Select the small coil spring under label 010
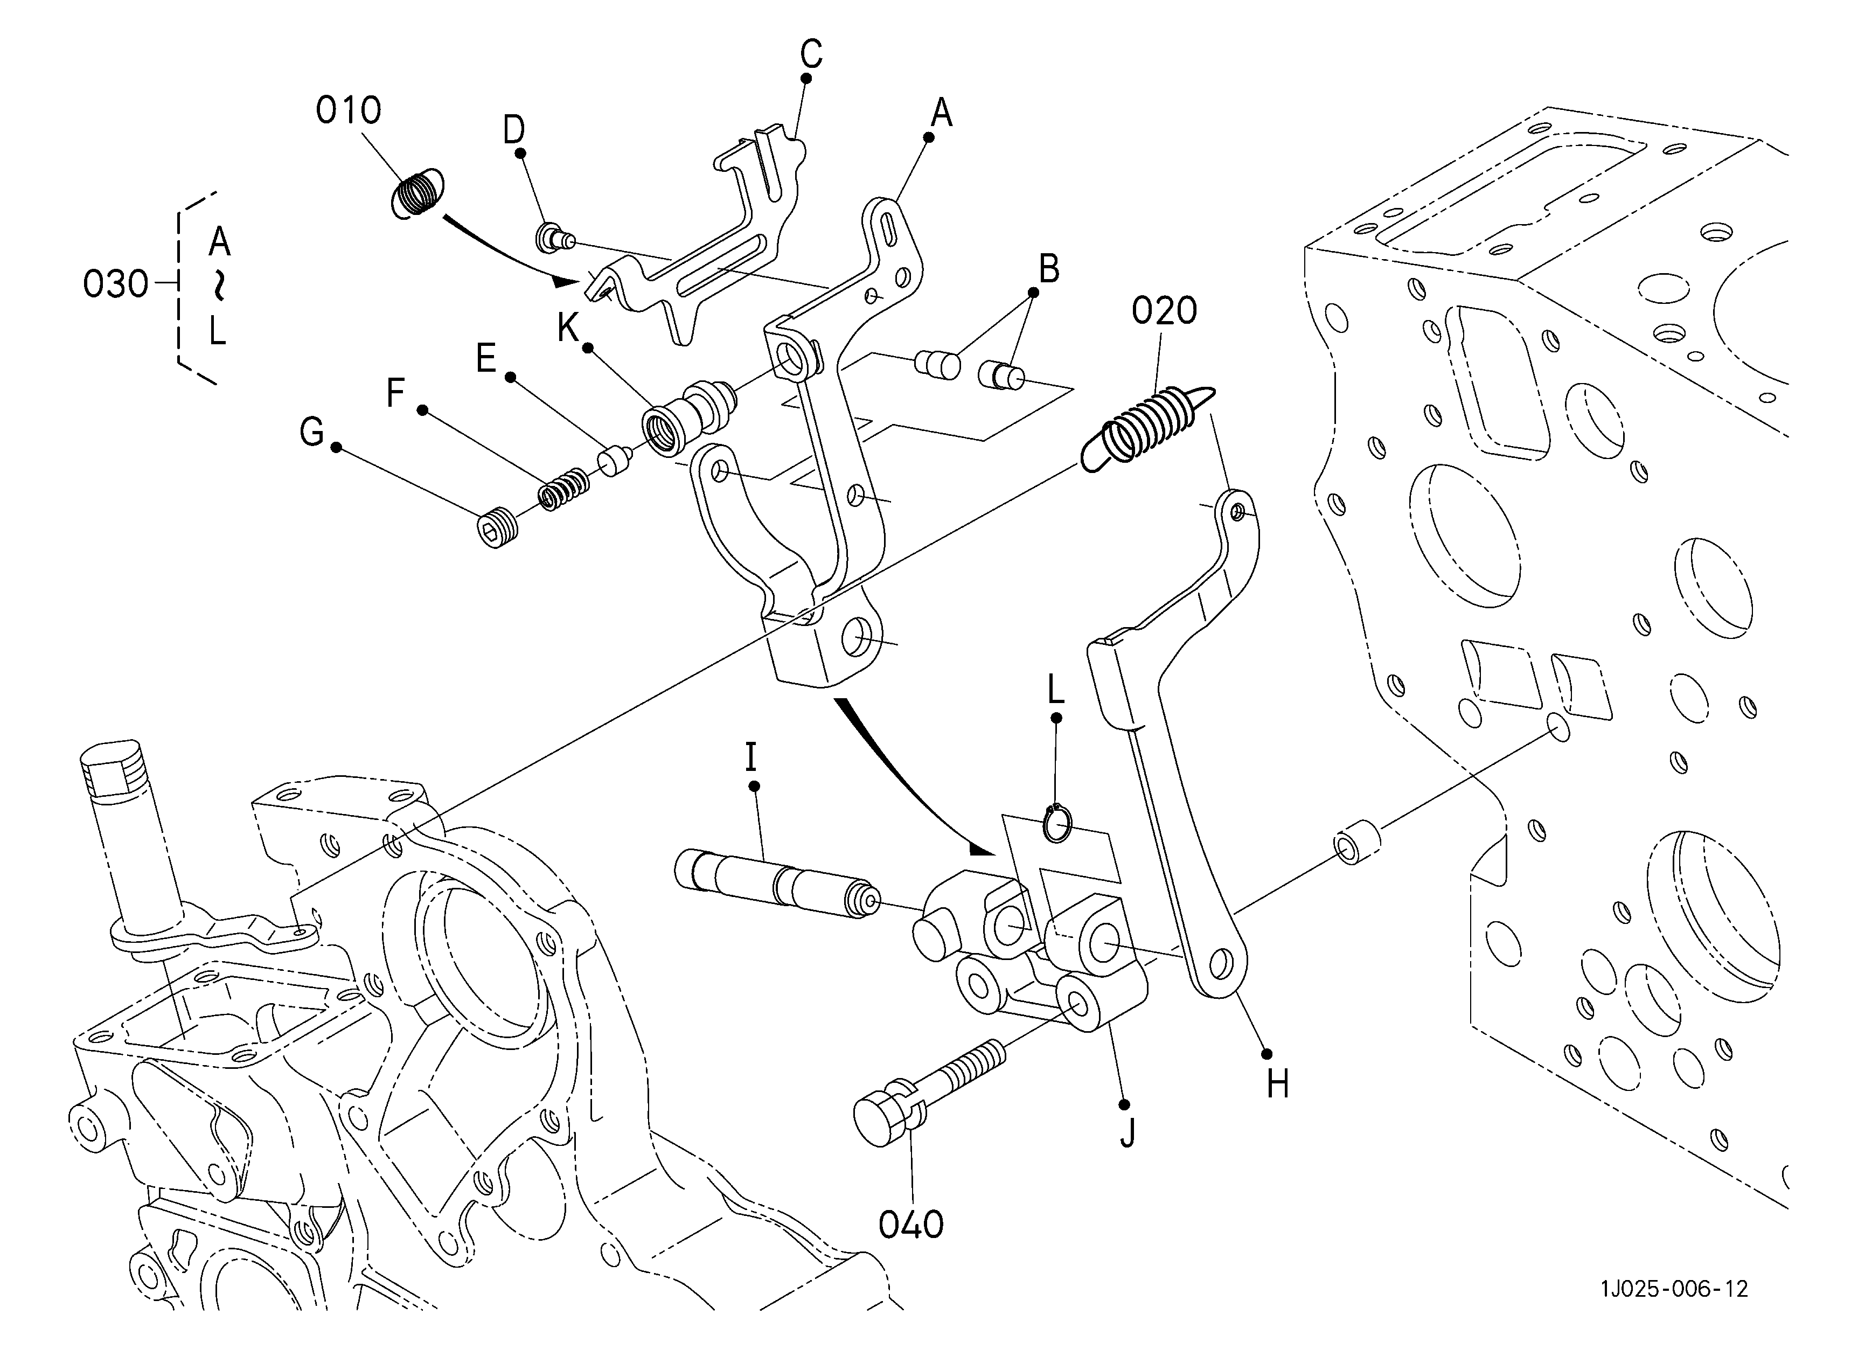(x=417, y=195)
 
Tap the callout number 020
(x=1164, y=311)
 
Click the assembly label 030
(x=115, y=284)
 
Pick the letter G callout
(x=311, y=432)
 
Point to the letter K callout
(x=568, y=328)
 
